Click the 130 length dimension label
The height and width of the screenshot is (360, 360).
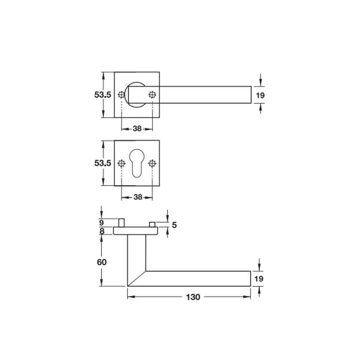click(193, 297)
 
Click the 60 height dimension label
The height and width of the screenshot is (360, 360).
click(102, 262)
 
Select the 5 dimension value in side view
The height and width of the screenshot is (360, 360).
click(175, 225)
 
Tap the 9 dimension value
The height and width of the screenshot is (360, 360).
click(102, 223)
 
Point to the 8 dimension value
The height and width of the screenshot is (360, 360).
click(102, 231)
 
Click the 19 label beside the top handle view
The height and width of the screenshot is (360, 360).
click(260, 95)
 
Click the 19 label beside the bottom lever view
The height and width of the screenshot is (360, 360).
click(259, 279)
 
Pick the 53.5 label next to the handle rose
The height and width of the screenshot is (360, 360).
click(103, 94)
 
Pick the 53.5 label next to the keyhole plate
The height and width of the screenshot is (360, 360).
click(103, 163)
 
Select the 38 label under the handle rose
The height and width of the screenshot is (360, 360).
click(137, 129)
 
